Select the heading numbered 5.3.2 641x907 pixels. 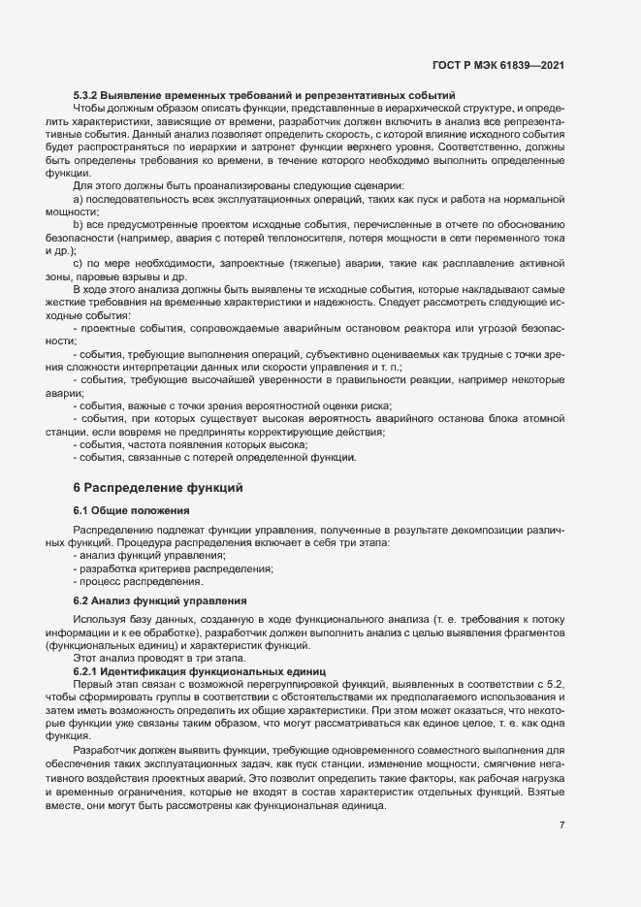pyautogui.click(x=264, y=95)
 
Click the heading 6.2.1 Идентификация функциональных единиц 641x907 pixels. pyautogui.click(x=201, y=671)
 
